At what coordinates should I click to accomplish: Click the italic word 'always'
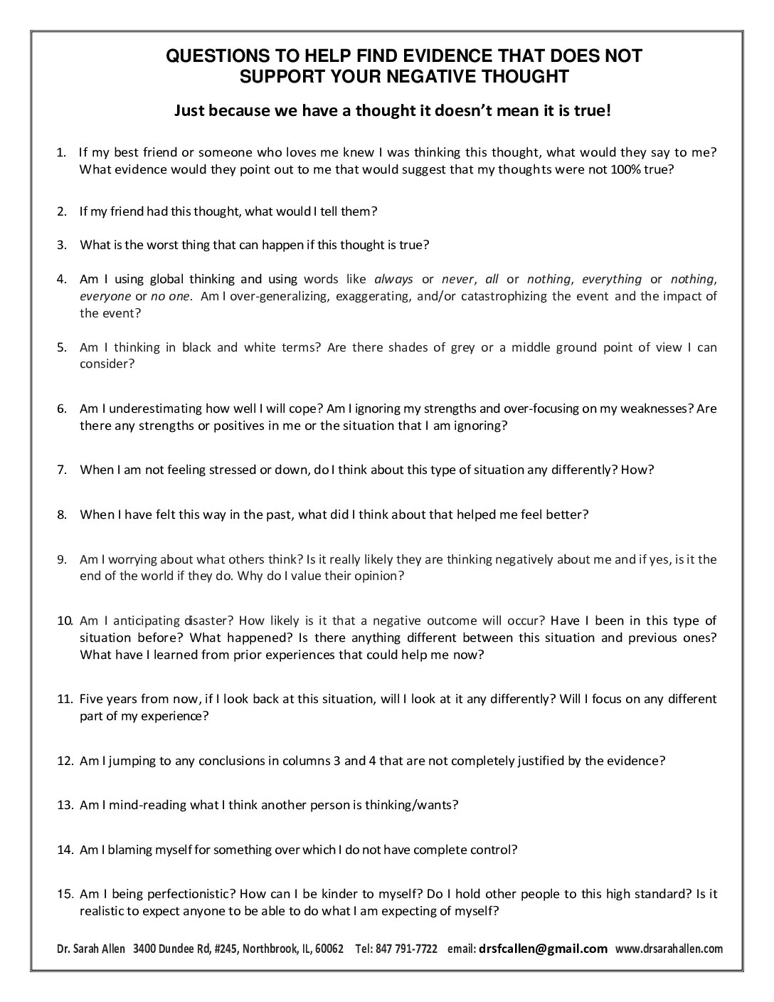click(x=393, y=279)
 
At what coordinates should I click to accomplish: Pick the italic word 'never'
click(x=457, y=279)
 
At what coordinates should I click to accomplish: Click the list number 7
click(x=62, y=470)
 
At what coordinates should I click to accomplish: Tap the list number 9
click(x=62, y=559)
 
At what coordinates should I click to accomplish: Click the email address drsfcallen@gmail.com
click(x=544, y=949)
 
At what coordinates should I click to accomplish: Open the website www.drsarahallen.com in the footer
click(x=669, y=949)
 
